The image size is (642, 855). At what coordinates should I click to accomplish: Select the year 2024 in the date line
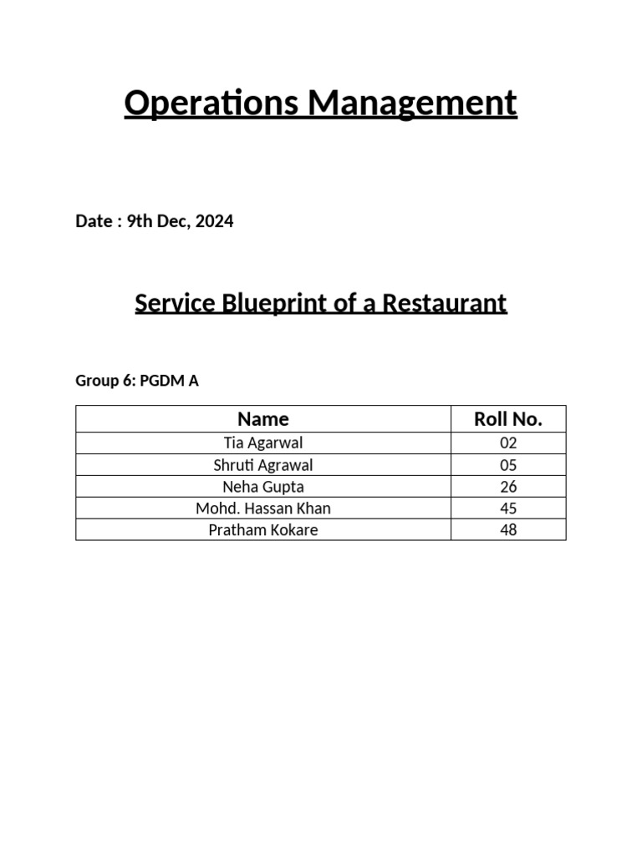coord(215,221)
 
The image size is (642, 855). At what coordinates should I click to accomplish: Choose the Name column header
coord(263,419)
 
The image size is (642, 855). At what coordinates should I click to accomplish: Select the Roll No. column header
coord(508,419)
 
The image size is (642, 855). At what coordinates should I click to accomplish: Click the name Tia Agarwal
coord(263,443)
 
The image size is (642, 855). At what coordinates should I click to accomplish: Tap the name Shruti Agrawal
coord(263,465)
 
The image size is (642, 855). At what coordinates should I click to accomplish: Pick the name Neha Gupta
coord(263,487)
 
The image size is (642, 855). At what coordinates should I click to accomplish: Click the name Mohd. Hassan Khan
coord(263,508)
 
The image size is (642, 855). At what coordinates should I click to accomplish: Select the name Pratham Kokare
coord(263,530)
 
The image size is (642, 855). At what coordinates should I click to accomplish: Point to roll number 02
coord(508,443)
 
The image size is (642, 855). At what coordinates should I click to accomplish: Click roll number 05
coord(508,465)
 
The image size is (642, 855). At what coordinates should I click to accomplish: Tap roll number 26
coord(508,487)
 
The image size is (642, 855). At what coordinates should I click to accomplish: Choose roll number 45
coord(508,508)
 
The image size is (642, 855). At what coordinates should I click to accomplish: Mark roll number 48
coord(508,530)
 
